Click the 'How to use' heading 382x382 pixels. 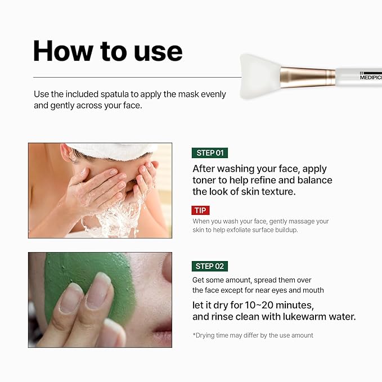click(107, 50)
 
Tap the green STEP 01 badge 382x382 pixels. click(209, 153)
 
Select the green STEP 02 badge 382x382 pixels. click(209, 267)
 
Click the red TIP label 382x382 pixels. click(200, 210)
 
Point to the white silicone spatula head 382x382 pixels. click(259, 76)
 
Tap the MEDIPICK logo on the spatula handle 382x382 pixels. click(371, 77)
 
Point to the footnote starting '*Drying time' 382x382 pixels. click(253, 335)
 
